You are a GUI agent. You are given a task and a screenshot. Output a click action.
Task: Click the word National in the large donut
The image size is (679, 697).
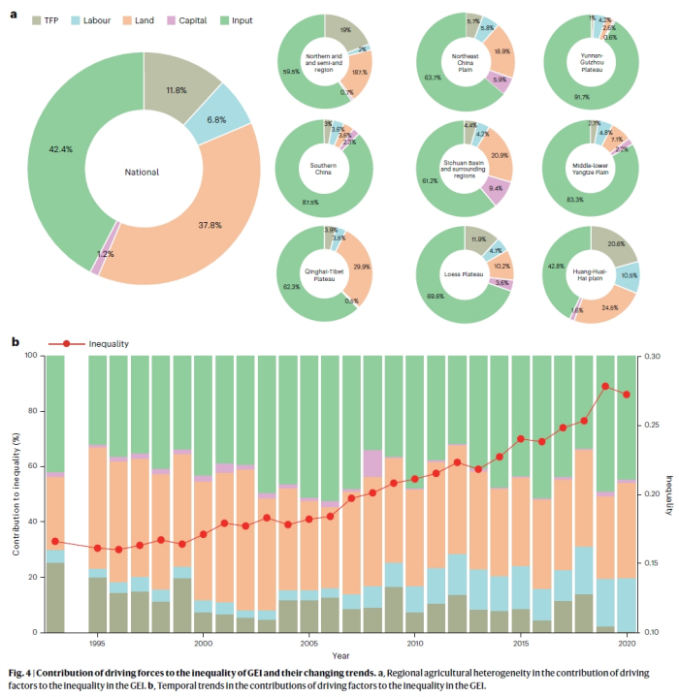143,173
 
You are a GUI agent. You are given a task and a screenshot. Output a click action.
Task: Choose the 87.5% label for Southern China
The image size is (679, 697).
311,202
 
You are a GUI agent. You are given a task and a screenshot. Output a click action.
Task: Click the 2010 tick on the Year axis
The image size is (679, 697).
414,643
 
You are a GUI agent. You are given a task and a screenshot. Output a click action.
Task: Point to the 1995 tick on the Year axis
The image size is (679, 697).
97,643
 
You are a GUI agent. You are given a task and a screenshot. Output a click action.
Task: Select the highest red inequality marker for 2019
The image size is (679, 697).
604,386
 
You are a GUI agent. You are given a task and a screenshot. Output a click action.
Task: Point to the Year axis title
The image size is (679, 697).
341,654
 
